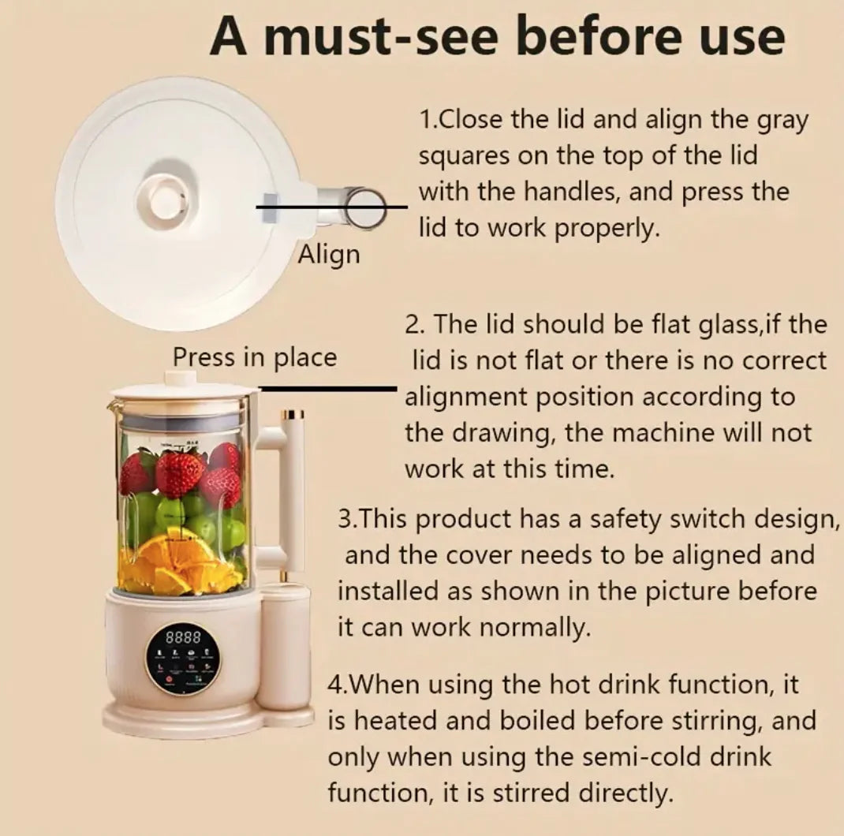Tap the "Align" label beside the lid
point(329,255)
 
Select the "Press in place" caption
point(255,357)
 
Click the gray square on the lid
point(269,207)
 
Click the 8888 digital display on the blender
point(183,638)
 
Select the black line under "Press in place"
point(327,388)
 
